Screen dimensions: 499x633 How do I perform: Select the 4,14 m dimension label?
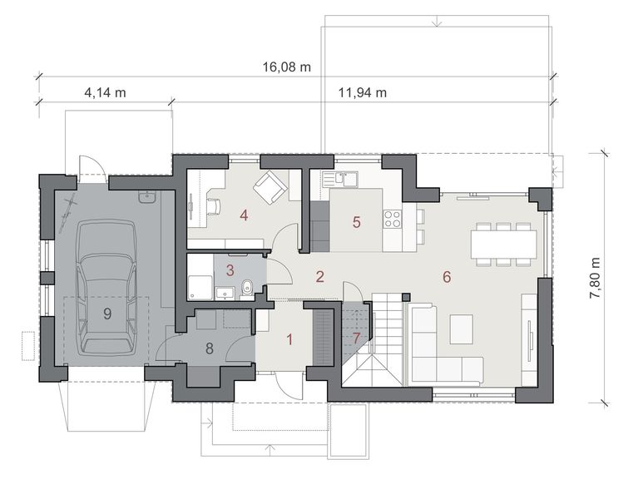tap(105, 93)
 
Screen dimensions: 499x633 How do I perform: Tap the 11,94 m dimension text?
tap(363, 93)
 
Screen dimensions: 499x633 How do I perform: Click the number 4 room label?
tap(244, 215)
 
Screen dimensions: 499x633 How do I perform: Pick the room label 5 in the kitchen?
tap(356, 222)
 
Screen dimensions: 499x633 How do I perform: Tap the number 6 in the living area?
tap(447, 277)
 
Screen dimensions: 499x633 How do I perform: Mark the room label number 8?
tap(209, 349)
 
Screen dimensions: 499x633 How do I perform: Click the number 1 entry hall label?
tap(289, 339)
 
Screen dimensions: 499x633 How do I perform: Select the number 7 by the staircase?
tap(355, 338)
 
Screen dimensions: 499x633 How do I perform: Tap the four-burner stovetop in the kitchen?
tap(391, 220)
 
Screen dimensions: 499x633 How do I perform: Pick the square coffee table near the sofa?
tap(461, 329)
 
